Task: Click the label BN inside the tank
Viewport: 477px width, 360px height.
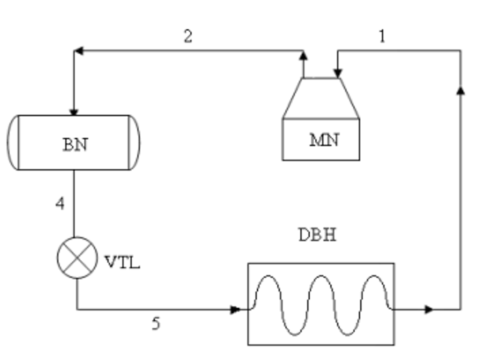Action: [75, 145]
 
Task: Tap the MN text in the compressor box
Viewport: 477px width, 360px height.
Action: [323, 141]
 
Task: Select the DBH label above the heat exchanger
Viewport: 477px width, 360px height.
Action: [318, 235]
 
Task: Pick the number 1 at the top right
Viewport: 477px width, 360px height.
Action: [381, 37]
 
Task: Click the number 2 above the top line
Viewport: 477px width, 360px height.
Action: [188, 37]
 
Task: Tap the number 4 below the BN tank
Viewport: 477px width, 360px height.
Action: [60, 203]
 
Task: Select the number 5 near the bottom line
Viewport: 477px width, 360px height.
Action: [156, 324]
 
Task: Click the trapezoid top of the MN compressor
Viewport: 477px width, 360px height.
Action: [320, 98]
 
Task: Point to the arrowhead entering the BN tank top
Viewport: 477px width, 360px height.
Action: [73, 111]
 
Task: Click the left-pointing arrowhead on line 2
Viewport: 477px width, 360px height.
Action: [78, 51]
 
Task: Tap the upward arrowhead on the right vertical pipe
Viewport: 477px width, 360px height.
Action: [461, 90]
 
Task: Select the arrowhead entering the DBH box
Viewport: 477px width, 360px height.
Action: [235, 310]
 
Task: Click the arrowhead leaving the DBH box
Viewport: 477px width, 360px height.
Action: [429, 310]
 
